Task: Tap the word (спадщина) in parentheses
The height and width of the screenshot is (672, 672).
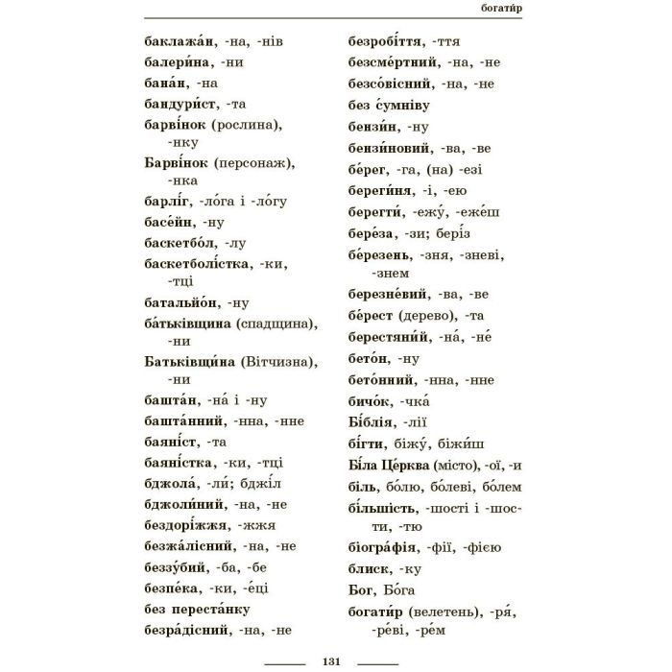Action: tap(276, 323)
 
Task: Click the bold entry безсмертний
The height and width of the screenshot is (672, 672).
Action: tap(394, 62)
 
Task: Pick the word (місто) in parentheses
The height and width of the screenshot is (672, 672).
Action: tap(451, 467)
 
